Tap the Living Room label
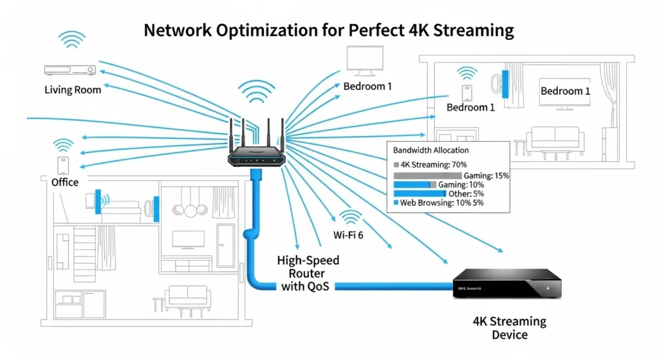click(x=73, y=90)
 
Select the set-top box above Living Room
click(x=69, y=70)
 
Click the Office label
click(x=65, y=182)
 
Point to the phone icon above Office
click(x=63, y=165)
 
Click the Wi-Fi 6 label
click(x=348, y=235)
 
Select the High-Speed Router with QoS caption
click(x=308, y=273)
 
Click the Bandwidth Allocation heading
click(x=431, y=150)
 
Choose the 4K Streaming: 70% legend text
click(x=425, y=165)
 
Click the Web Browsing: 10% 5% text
click(x=441, y=203)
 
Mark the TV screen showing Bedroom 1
click(x=564, y=91)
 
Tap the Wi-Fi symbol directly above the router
click(x=255, y=93)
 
